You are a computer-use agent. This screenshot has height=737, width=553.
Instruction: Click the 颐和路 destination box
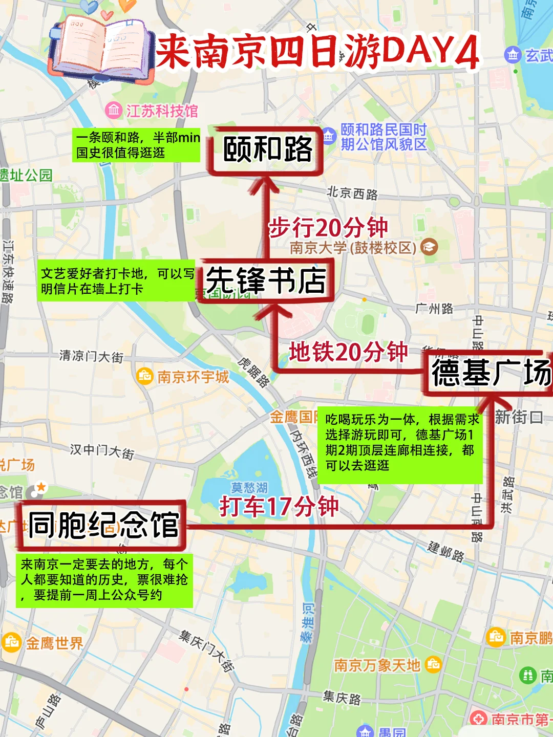pos(266,150)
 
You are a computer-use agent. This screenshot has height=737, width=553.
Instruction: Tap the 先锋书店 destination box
pos(266,280)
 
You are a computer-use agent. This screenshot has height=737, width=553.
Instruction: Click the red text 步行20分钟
pos(328,227)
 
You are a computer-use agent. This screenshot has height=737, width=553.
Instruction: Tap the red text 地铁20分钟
pos(348,352)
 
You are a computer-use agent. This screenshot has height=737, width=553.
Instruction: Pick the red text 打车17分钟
pos(279,506)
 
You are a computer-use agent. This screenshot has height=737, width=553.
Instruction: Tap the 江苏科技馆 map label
pos(161,111)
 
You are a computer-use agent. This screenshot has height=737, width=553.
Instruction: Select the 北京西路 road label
pos(352,193)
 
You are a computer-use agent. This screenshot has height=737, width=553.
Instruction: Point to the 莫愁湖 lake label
pos(249,487)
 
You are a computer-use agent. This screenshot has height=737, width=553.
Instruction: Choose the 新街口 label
pos(518,417)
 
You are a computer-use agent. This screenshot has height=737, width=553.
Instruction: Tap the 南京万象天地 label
pos(377,665)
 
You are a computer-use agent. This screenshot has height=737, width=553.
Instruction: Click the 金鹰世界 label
pos(54,643)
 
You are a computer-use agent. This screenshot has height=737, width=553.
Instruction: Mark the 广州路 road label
pos(434,308)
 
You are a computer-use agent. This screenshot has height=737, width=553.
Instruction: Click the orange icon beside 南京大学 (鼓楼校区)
pos(429,248)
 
